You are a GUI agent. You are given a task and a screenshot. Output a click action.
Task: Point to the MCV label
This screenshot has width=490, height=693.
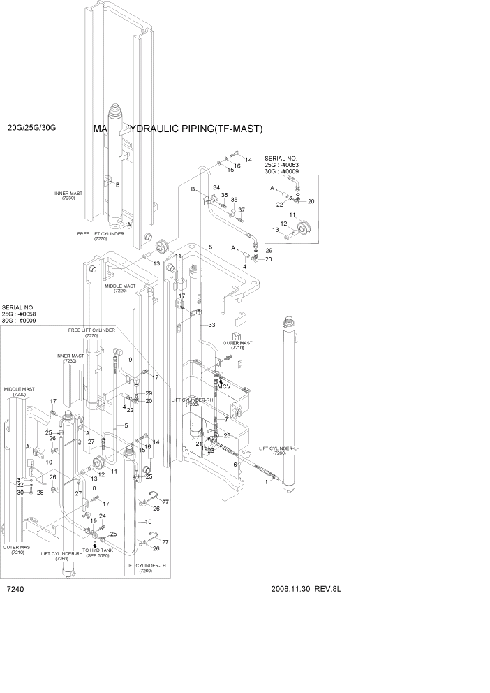(223, 386)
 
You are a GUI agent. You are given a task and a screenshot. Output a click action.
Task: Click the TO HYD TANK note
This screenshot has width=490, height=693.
(97, 553)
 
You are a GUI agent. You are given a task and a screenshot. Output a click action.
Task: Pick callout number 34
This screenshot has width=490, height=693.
(216, 188)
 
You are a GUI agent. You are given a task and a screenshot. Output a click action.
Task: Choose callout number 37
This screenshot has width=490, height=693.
(242, 210)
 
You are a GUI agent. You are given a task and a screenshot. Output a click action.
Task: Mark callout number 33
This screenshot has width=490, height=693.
(211, 325)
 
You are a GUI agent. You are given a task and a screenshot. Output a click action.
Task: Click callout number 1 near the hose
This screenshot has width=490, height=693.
(266, 481)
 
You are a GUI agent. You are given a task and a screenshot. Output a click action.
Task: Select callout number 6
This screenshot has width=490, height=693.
(235, 465)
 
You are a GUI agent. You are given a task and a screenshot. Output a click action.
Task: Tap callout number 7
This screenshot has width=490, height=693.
(226, 418)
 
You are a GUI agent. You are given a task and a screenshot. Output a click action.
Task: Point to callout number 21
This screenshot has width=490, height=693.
(198, 444)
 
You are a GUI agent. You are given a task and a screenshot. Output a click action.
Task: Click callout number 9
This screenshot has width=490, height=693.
(130, 360)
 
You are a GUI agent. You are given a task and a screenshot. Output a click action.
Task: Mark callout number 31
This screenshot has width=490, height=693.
(20, 479)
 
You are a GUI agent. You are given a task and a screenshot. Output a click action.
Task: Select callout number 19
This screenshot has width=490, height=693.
(93, 520)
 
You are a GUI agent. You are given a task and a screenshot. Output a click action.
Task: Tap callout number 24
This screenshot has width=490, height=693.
(102, 516)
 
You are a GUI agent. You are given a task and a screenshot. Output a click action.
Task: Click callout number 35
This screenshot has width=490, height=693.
(235, 200)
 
